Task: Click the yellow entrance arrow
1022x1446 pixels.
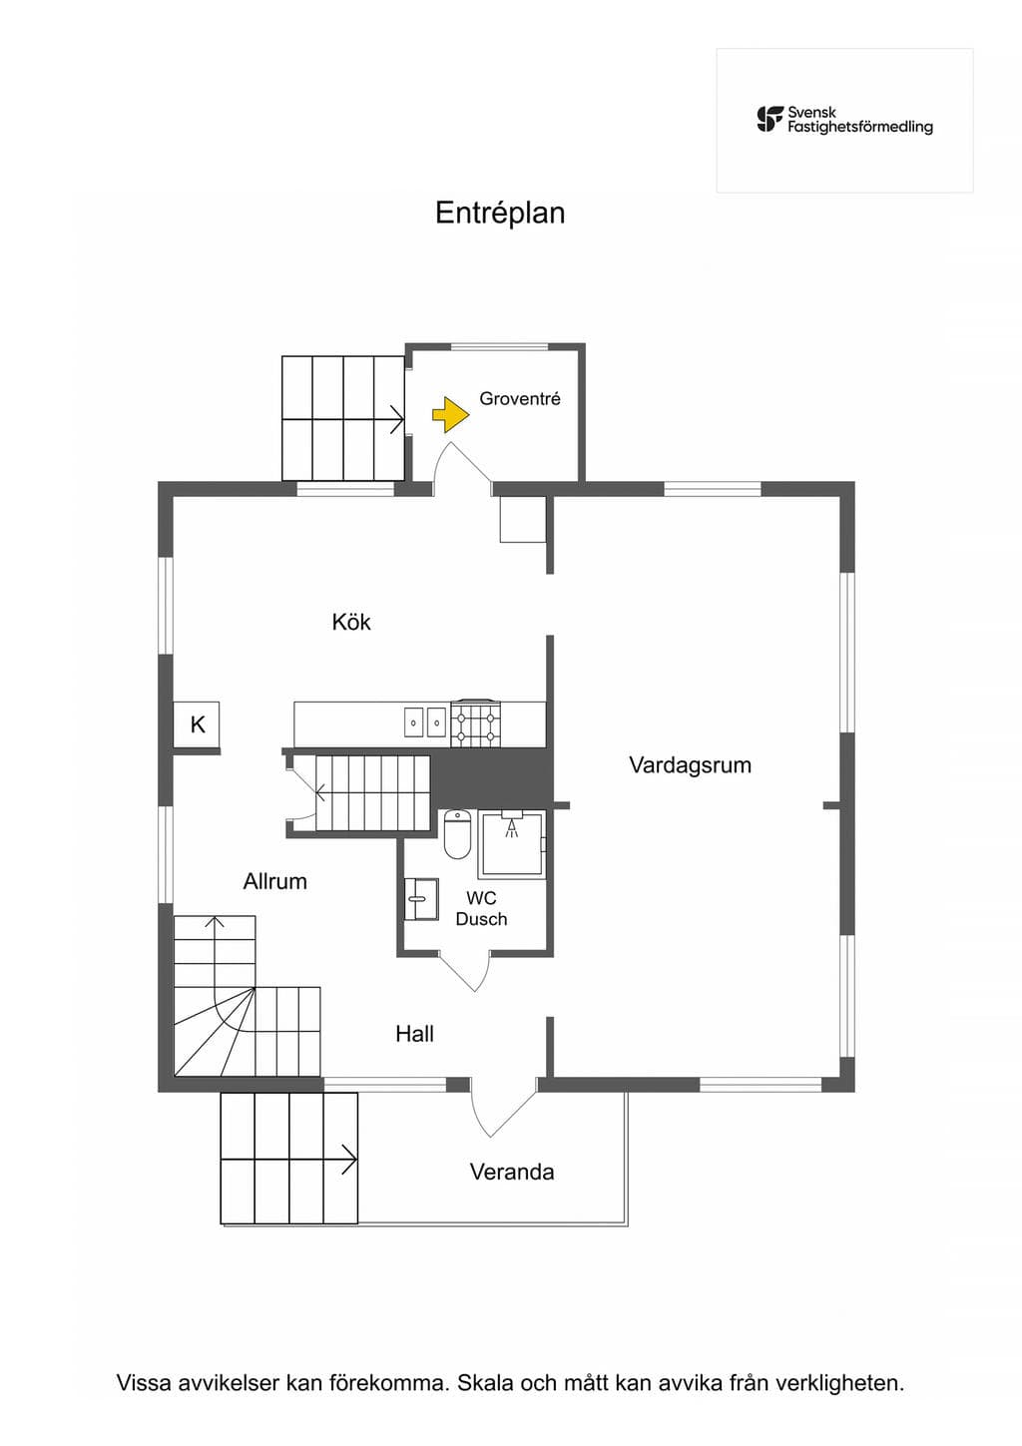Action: pos(451,414)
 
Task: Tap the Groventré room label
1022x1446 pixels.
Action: pos(520,399)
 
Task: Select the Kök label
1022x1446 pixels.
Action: pos(351,622)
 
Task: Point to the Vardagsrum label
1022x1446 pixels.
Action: pos(691,765)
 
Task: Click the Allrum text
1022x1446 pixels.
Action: pos(275,881)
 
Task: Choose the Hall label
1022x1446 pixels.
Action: pos(414,1034)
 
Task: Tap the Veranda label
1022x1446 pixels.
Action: pos(512,1172)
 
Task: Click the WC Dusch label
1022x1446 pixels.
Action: pos(481,908)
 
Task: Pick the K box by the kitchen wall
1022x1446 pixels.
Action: pos(197,724)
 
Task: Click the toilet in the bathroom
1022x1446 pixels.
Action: pos(458,834)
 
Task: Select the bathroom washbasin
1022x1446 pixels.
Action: pos(421,898)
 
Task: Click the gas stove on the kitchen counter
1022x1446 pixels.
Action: pos(476,724)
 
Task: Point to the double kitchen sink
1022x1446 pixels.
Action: pos(425,723)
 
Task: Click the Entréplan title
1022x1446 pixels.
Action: pos(500,213)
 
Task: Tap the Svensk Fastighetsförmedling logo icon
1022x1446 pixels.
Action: pos(770,120)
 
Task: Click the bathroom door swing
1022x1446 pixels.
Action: pos(463,971)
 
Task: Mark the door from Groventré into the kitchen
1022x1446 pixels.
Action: pos(462,467)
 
